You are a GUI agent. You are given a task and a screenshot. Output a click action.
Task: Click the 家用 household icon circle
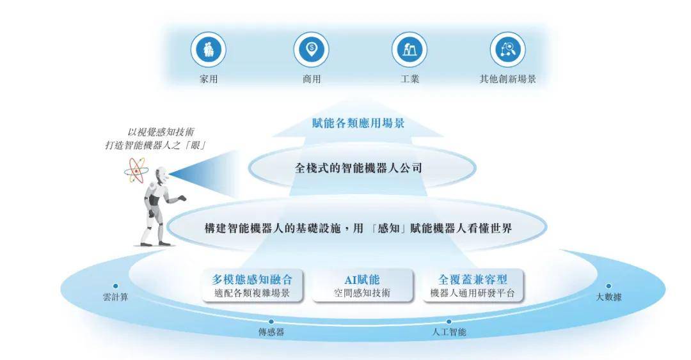click(x=208, y=50)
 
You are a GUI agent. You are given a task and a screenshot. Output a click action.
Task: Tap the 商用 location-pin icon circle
click(x=311, y=50)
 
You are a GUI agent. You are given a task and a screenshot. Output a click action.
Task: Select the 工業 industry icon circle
click(x=409, y=50)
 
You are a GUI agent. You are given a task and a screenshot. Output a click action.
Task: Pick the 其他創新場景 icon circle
click(x=507, y=50)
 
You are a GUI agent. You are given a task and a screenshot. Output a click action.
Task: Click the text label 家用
click(x=209, y=79)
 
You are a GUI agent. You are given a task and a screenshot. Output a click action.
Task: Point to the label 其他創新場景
click(x=507, y=79)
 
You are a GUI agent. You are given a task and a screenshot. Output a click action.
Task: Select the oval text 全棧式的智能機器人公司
click(x=358, y=168)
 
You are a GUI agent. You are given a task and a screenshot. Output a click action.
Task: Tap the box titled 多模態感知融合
click(x=253, y=286)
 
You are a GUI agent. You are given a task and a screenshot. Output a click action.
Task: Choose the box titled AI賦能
click(x=362, y=286)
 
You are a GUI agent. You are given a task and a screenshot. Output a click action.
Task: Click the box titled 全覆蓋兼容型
click(x=473, y=286)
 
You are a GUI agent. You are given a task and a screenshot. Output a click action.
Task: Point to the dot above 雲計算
click(x=115, y=286)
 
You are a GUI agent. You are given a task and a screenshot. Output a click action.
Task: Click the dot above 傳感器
click(x=271, y=322)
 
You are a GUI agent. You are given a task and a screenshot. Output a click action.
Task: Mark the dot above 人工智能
click(x=449, y=322)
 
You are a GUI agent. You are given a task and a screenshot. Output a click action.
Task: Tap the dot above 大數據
click(x=608, y=286)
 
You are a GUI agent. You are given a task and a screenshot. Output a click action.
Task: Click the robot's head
click(x=161, y=175)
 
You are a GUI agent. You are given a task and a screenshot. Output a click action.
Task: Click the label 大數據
click(x=608, y=297)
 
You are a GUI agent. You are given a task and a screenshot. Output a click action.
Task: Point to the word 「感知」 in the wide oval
click(x=388, y=228)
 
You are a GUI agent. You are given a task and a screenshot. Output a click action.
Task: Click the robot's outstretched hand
click(x=181, y=199)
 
